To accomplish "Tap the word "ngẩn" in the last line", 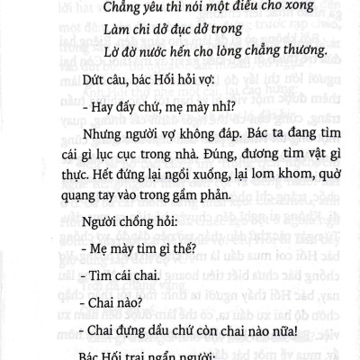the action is point(154,353).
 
